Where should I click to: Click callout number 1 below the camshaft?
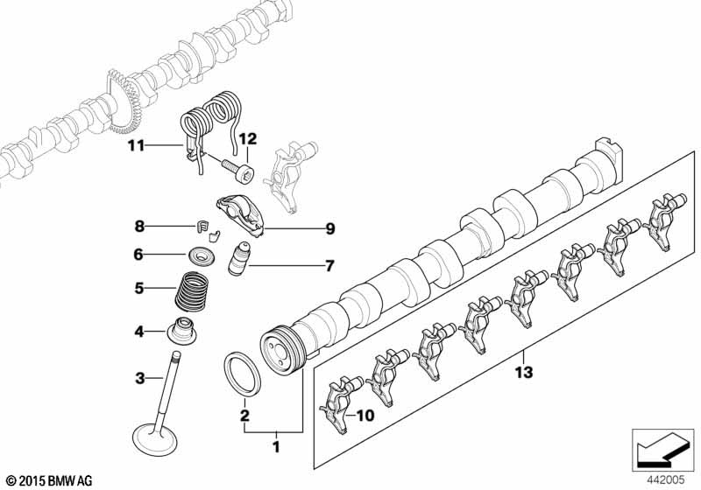tap(279, 448)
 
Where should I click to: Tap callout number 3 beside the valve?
tap(138, 378)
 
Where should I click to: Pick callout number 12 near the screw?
tap(247, 138)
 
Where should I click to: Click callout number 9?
tap(329, 230)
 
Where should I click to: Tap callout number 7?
tap(329, 264)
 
